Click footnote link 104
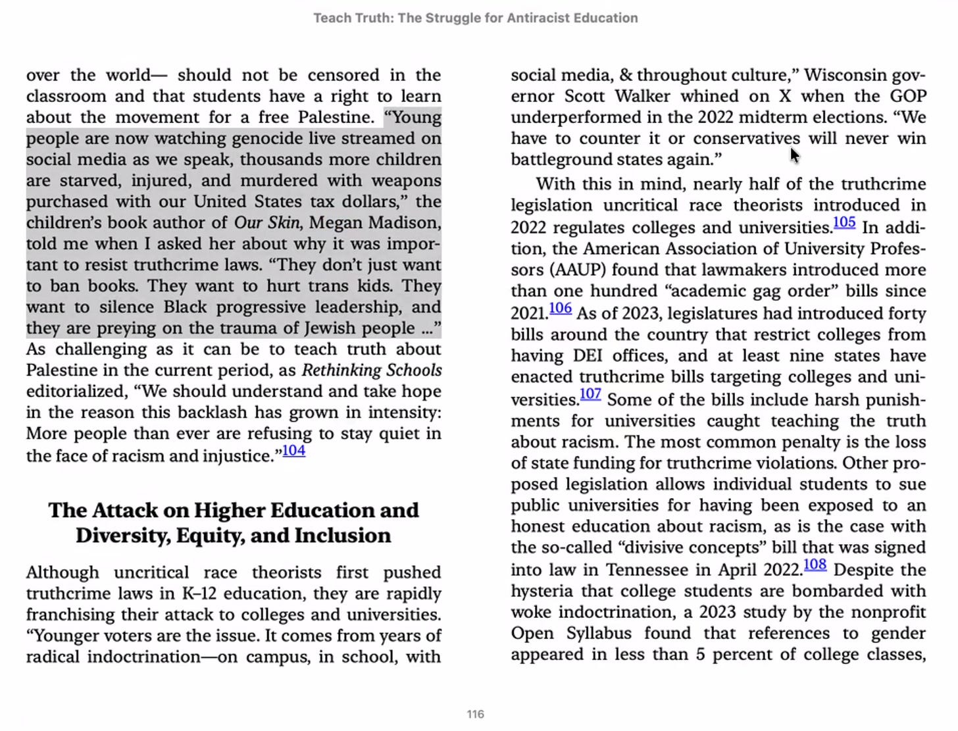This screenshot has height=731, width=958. pyautogui.click(x=293, y=451)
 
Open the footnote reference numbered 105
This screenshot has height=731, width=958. pyautogui.click(x=844, y=222)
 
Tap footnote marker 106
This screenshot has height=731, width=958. pyautogui.click(x=560, y=308)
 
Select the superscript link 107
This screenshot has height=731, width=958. pyautogui.click(x=590, y=394)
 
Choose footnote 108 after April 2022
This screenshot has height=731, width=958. pyautogui.click(x=815, y=565)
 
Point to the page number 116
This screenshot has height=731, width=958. pyautogui.click(x=475, y=715)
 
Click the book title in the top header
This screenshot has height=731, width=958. pyautogui.click(x=475, y=18)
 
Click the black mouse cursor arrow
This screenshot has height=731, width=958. pyautogui.click(x=795, y=155)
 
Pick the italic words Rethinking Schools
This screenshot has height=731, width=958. pyautogui.click(x=372, y=370)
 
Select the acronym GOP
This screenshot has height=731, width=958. pyautogui.click(x=908, y=96)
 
